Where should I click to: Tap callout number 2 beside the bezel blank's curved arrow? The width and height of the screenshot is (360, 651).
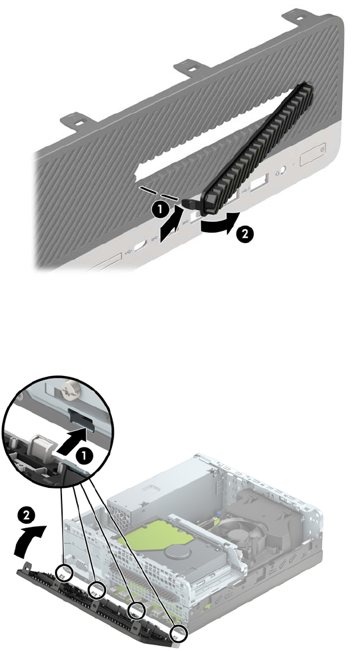click(x=244, y=234)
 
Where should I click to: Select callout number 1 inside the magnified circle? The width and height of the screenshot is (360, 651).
click(x=84, y=457)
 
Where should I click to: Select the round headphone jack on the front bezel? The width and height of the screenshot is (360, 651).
click(x=281, y=170)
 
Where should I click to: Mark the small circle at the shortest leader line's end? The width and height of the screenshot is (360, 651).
click(x=65, y=574)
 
